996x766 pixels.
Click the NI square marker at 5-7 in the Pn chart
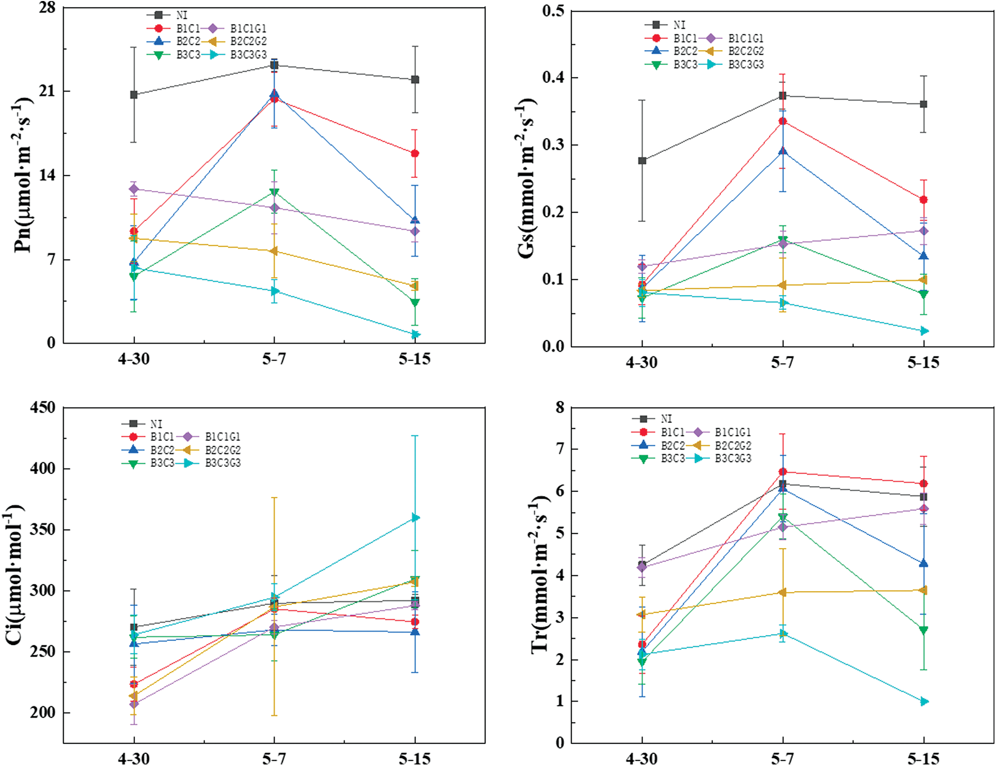click(x=275, y=65)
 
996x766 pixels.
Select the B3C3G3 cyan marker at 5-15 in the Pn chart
click(x=416, y=334)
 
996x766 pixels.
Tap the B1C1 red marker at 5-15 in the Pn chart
click(x=415, y=153)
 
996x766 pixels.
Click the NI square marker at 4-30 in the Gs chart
click(x=642, y=161)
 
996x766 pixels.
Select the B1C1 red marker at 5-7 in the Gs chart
click(x=782, y=121)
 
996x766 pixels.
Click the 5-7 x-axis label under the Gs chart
click(x=782, y=363)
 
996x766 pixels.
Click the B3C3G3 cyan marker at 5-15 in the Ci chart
click(x=416, y=518)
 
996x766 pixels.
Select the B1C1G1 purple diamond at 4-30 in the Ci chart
click(x=134, y=704)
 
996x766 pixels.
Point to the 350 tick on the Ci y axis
click(x=43, y=529)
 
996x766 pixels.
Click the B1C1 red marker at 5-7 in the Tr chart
click(x=782, y=471)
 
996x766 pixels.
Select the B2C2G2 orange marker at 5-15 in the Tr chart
click(x=923, y=590)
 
